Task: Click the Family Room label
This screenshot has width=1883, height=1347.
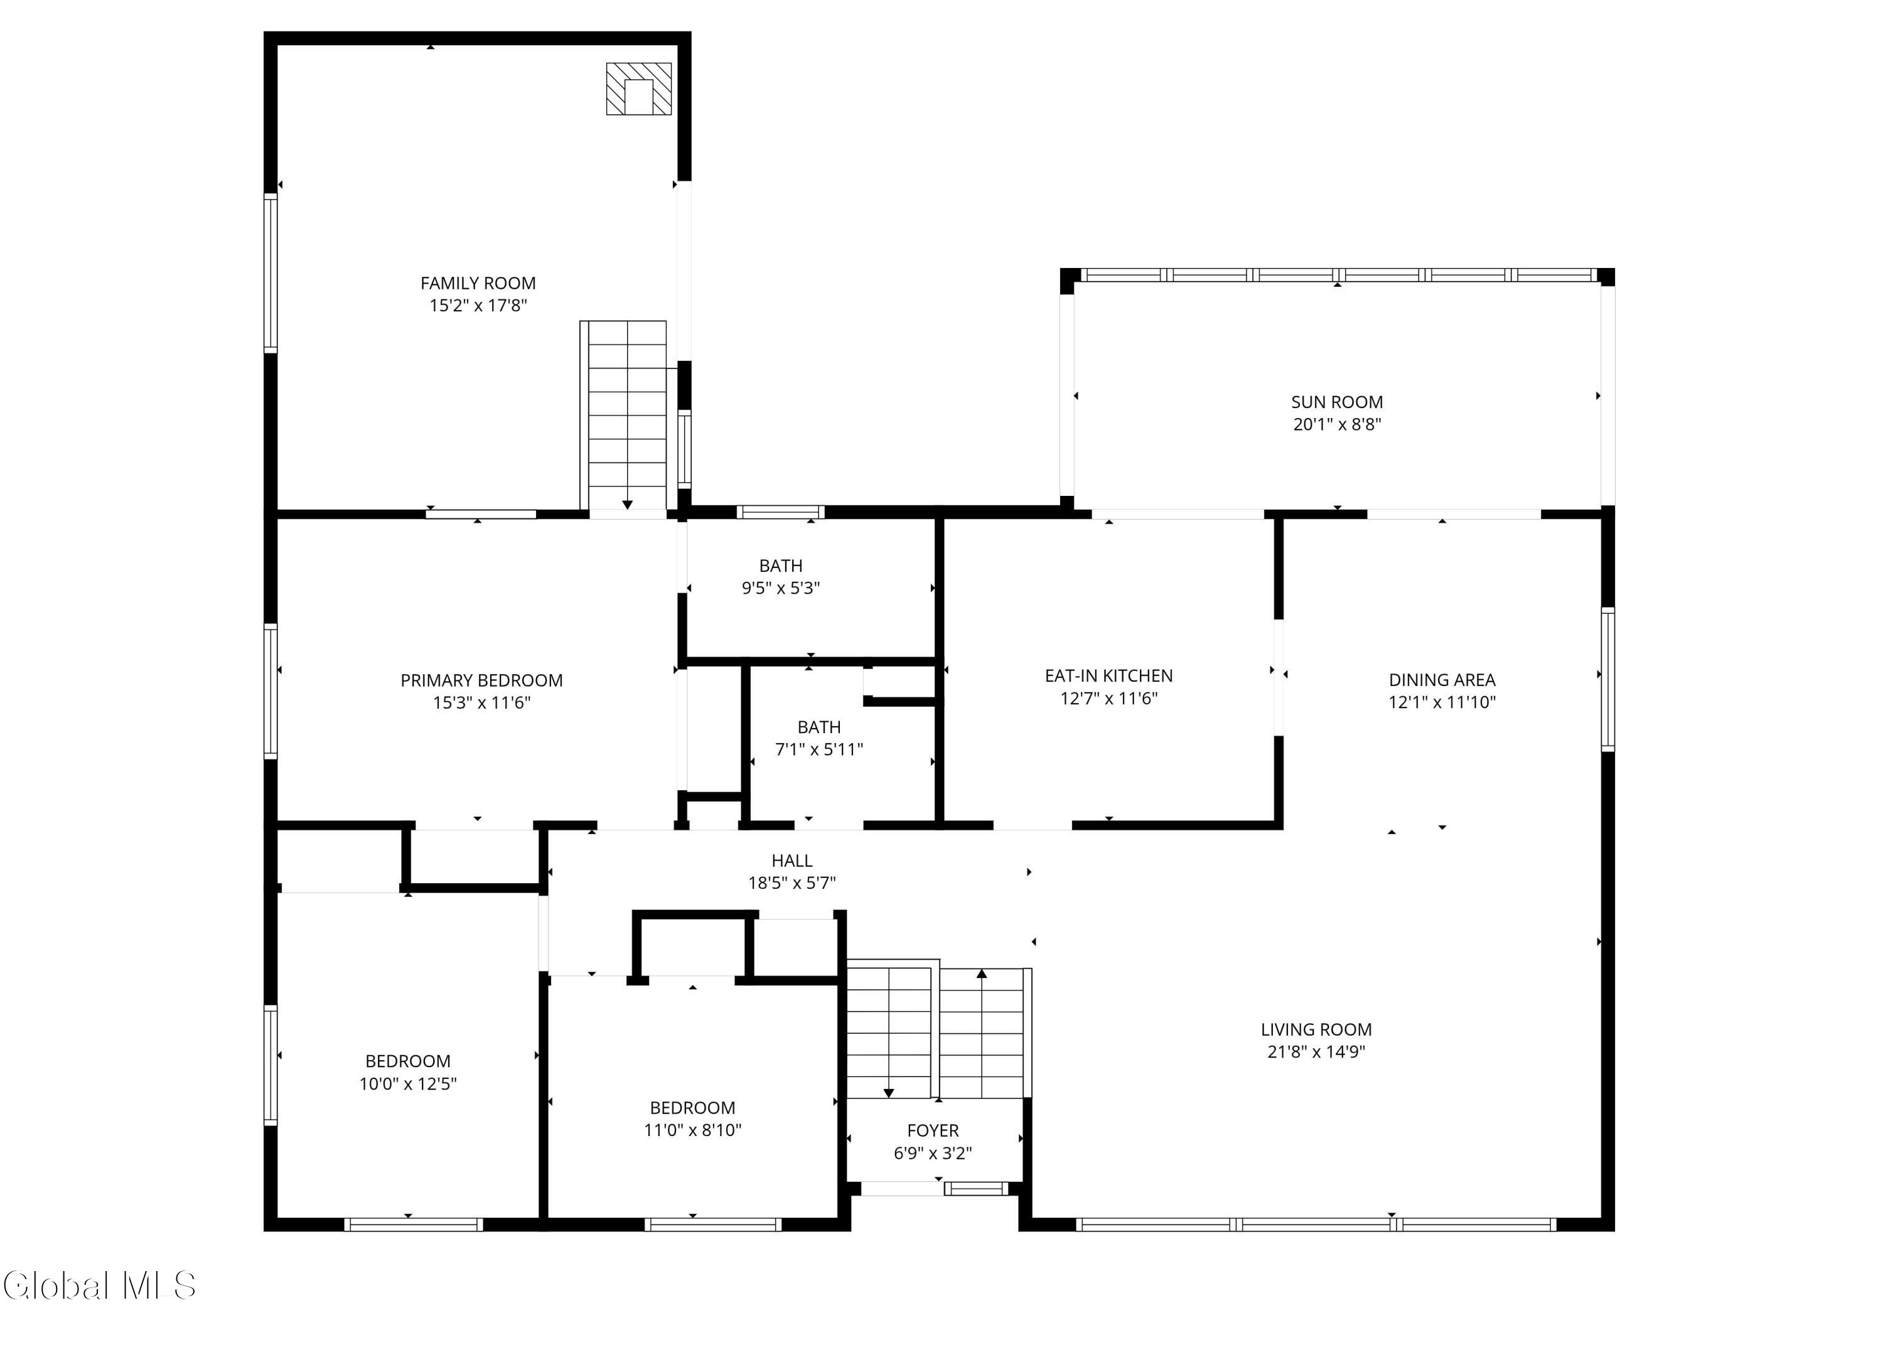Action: pyautogui.click(x=478, y=284)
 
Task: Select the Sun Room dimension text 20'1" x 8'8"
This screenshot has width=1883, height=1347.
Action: pyautogui.click(x=1337, y=424)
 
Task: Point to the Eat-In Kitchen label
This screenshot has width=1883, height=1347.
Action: pyautogui.click(x=1108, y=676)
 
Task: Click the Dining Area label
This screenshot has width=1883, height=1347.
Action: pyautogui.click(x=1442, y=680)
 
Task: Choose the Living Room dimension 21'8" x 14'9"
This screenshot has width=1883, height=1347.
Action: pyautogui.click(x=1316, y=1052)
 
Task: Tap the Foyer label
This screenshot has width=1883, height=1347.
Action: pyautogui.click(x=933, y=1130)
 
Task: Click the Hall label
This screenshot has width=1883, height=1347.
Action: pyautogui.click(x=791, y=861)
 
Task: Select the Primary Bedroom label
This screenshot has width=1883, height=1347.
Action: pyautogui.click(x=481, y=681)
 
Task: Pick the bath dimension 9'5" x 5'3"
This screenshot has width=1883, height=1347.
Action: pyautogui.click(x=781, y=588)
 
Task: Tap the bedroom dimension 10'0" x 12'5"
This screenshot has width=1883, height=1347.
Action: pyautogui.click(x=408, y=1084)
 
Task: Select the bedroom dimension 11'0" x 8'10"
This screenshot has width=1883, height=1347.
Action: pyautogui.click(x=693, y=1130)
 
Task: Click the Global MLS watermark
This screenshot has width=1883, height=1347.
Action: pyautogui.click(x=100, y=1285)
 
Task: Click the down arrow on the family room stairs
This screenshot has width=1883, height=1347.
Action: pyautogui.click(x=627, y=504)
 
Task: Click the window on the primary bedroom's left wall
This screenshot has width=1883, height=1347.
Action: pyautogui.click(x=271, y=691)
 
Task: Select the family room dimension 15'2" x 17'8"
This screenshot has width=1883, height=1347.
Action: pyautogui.click(x=478, y=305)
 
